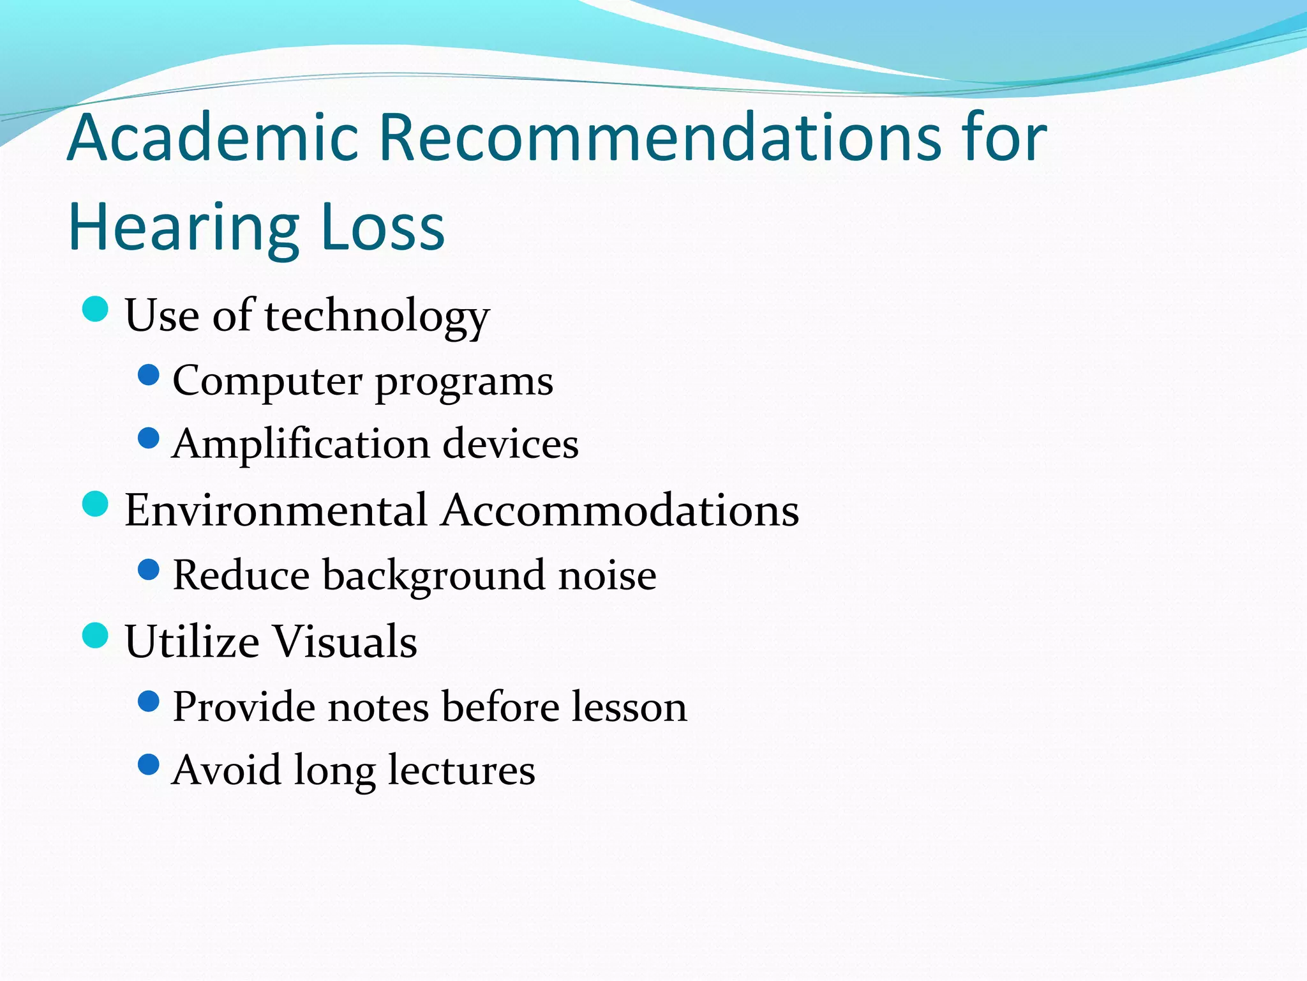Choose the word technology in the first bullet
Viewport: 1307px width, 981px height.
(377, 317)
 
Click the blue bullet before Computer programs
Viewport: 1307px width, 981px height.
(148, 375)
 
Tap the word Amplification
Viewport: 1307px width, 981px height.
(301, 444)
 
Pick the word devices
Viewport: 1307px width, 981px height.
(511, 444)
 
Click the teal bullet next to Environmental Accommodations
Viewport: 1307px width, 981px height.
(96, 504)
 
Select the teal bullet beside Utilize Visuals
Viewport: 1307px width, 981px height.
(96, 635)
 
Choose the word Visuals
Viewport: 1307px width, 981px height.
(345, 641)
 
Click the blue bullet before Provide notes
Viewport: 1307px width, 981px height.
(148, 701)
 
